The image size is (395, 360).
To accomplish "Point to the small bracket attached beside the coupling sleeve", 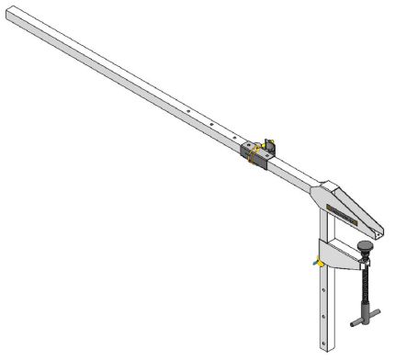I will (270, 145).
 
